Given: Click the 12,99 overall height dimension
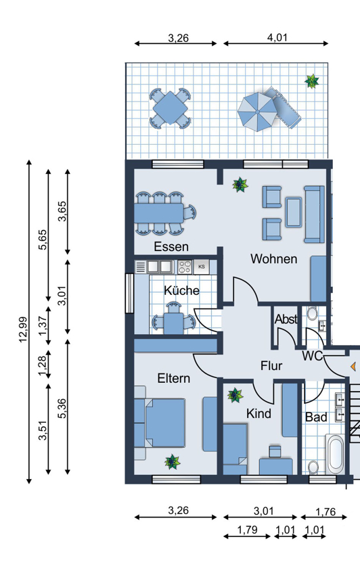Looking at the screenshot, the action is click(x=23, y=329).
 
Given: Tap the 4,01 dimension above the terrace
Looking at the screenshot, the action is click(x=277, y=37).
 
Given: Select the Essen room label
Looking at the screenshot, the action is click(x=171, y=246).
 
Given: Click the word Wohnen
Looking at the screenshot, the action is click(x=274, y=259).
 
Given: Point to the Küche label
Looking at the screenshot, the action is click(x=181, y=290).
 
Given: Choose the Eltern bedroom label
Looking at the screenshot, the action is click(x=174, y=378).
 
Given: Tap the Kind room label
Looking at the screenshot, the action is click(x=258, y=413).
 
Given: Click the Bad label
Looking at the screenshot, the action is click(x=316, y=417).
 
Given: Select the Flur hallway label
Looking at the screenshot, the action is click(x=271, y=365).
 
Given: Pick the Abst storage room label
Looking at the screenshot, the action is click(x=286, y=319).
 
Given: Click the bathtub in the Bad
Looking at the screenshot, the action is click(x=335, y=454).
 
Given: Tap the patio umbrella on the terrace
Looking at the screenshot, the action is click(x=258, y=112).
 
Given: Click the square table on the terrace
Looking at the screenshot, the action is click(x=170, y=108).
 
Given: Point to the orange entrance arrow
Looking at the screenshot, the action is click(x=353, y=367).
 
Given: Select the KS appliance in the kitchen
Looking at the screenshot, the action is click(x=202, y=267).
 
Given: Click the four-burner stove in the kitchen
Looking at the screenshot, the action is click(x=185, y=267).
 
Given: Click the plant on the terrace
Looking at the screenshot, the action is click(x=312, y=81).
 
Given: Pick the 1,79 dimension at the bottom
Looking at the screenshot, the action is click(x=247, y=530).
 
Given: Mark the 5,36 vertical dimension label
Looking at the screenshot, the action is click(x=62, y=408).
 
